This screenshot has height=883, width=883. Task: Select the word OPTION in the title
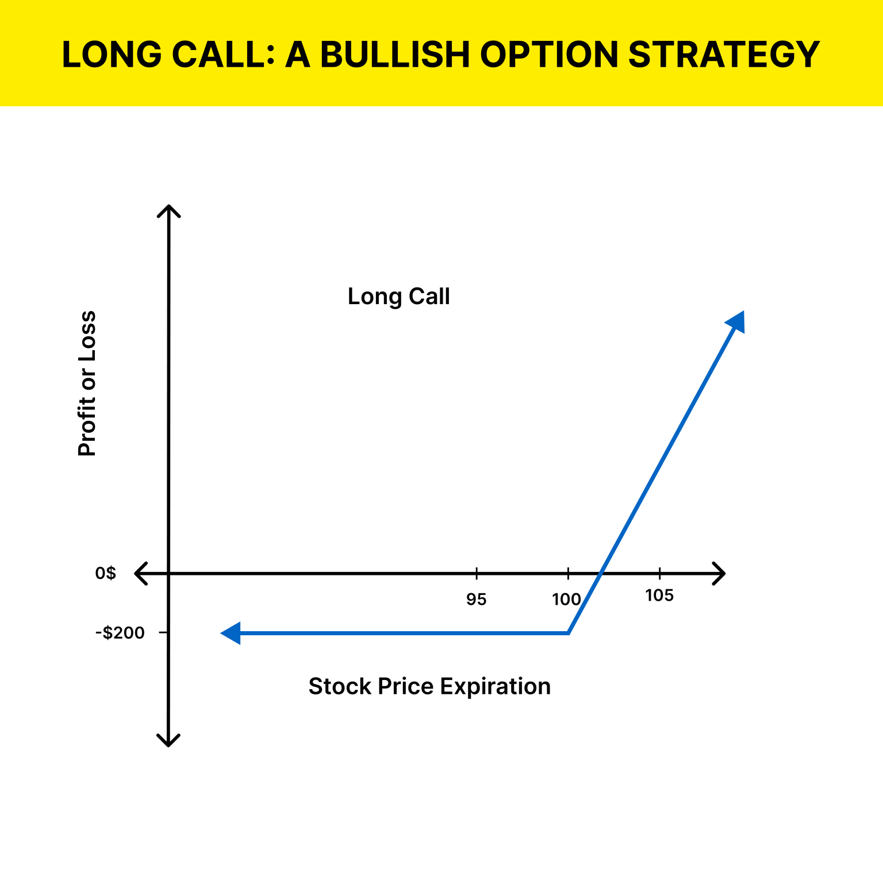(x=548, y=55)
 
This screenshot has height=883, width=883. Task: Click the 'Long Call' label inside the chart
(x=398, y=297)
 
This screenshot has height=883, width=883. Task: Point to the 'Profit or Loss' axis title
(x=87, y=383)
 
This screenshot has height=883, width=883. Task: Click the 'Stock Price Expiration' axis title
(x=429, y=686)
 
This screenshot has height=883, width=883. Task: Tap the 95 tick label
(x=476, y=600)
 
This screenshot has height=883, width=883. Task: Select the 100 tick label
(x=566, y=600)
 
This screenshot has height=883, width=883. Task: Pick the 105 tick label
(x=659, y=596)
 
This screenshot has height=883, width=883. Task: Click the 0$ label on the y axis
(x=106, y=573)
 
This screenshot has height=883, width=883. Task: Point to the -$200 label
(x=120, y=633)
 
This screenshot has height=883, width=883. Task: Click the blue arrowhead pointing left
(x=231, y=633)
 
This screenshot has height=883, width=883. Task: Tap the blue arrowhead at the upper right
(x=736, y=321)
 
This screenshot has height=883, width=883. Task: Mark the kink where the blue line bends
(x=568, y=633)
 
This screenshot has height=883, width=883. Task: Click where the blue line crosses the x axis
(x=601, y=573)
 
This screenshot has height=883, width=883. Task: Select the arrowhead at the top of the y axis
(x=168, y=210)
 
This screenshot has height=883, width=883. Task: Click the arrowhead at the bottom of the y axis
(x=168, y=740)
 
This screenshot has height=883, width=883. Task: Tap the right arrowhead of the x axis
(x=719, y=573)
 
